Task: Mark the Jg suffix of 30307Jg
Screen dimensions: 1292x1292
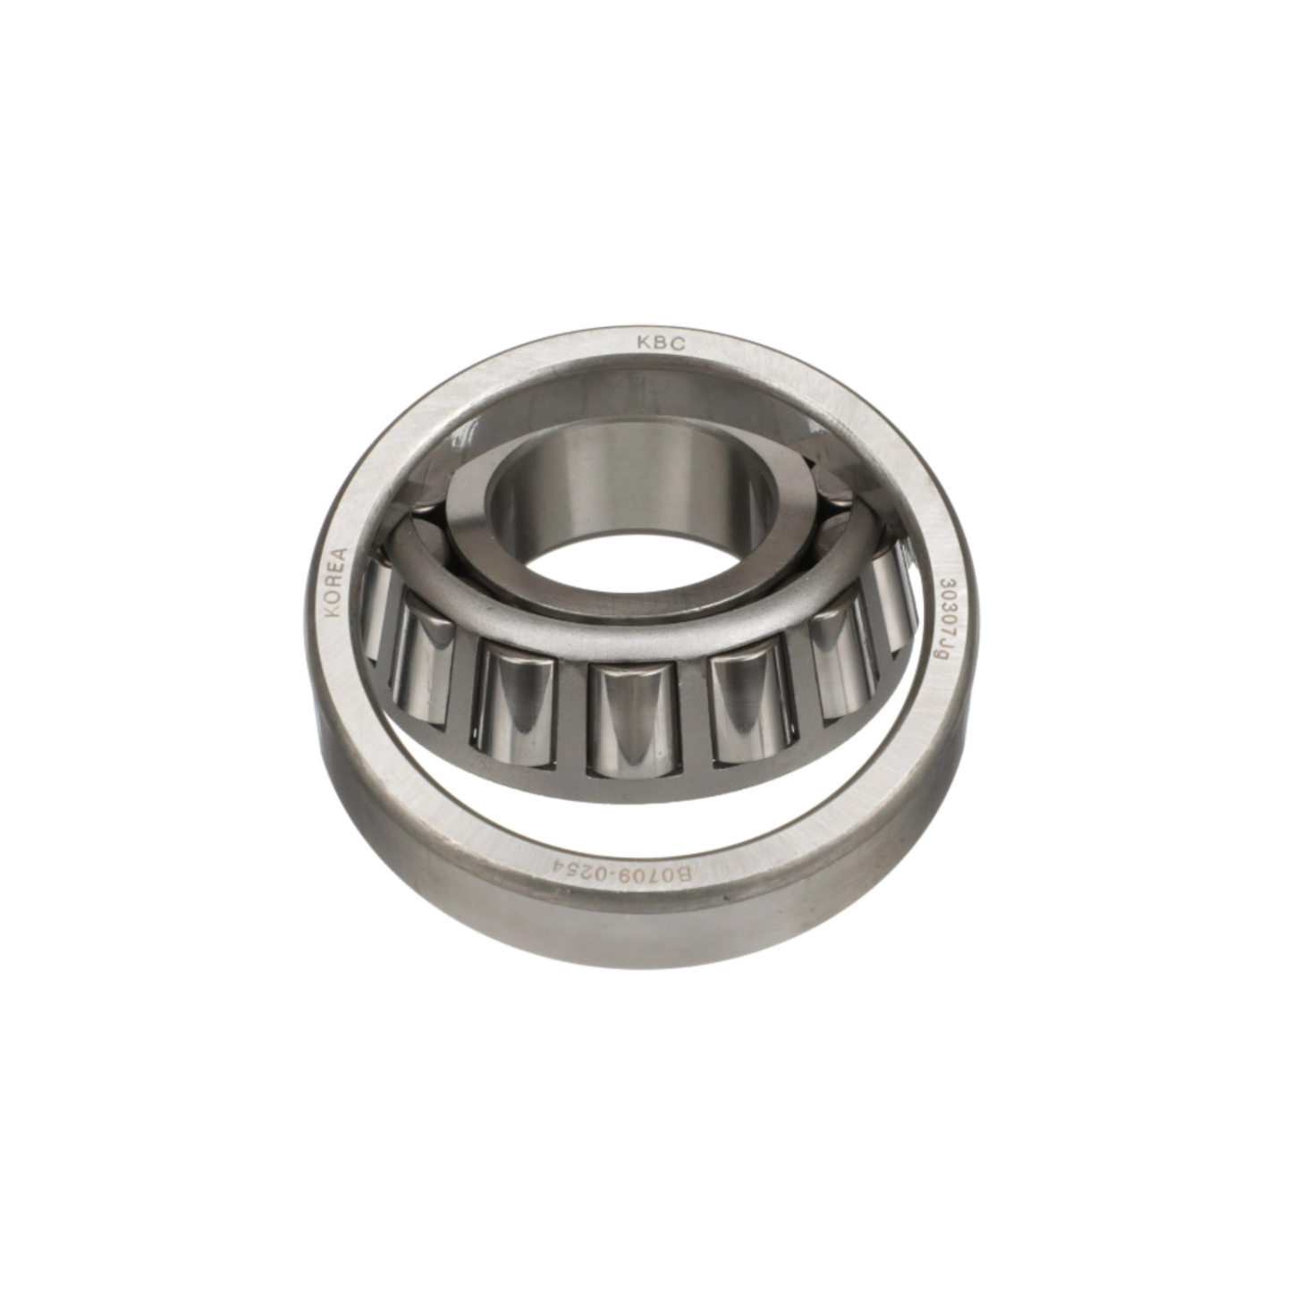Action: [x=937, y=648]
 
